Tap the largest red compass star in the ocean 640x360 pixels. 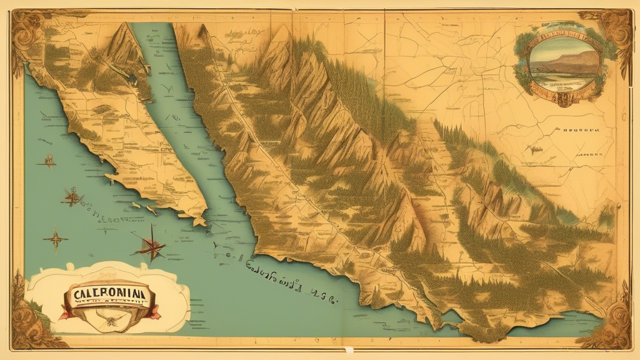(151, 246)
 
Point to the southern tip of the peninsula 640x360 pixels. (199, 220)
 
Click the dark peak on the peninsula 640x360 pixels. (128, 47)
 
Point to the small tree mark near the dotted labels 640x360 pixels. (534, 149)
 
